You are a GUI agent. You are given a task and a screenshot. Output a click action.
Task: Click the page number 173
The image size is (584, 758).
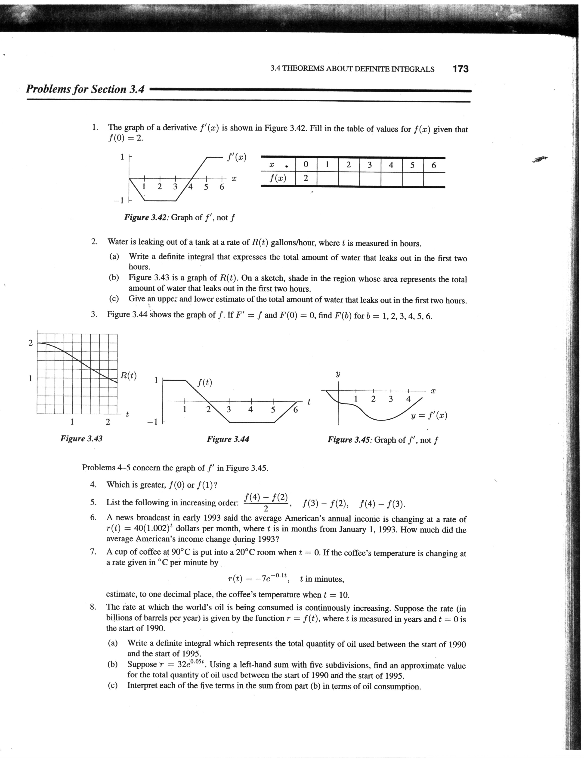pos(460,69)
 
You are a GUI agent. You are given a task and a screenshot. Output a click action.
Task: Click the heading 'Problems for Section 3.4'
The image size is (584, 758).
pos(85,89)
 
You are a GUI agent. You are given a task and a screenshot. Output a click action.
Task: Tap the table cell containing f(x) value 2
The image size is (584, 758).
pos(306,178)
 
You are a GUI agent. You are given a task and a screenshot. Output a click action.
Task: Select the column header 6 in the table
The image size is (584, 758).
pos(433,165)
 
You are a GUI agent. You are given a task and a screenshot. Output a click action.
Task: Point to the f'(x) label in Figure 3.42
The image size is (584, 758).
pos(237,157)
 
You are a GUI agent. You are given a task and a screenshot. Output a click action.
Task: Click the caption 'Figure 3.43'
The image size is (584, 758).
pos(81,438)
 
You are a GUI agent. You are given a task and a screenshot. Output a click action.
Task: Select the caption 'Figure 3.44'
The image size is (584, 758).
pos(228,439)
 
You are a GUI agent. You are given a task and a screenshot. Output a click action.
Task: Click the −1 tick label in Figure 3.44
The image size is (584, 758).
pos(153,422)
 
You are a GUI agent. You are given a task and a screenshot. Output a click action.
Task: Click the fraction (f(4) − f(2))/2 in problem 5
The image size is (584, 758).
pos(266,502)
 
